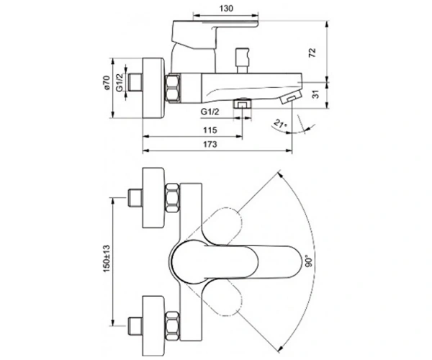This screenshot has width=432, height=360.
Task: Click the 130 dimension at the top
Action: pyautogui.click(x=226, y=9)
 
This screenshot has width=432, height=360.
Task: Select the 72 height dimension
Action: pyautogui.click(x=312, y=53)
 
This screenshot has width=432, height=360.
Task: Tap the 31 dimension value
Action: pyautogui.click(x=317, y=94)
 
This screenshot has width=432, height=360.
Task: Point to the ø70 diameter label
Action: pyautogui.click(x=107, y=82)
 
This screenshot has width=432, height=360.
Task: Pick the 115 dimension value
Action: pyautogui.click(x=210, y=130)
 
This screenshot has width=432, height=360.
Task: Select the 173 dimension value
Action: pyautogui.click(x=210, y=144)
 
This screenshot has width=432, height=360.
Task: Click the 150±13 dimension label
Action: pyautogui.click(x=107, y=258)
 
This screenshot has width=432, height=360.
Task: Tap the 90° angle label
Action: pyautogui.click(x=309, y=261)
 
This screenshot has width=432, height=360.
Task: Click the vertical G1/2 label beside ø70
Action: pyautogui.click(x=120, y=82)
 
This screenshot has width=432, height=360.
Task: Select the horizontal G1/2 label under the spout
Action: pyautogui.click(x=210, y=112)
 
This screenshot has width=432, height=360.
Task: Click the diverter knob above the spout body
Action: pyautogui.click(x=242, y=60)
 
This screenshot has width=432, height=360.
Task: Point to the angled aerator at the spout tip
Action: pyautogui.click(x=290, y=97)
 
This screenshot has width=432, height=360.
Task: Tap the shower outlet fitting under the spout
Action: pyautogui.click(x=243, y=104)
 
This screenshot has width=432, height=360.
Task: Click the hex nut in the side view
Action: pyautogui.click(x=173, y=88)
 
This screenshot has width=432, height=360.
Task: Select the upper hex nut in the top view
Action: pyautogui.click(x=173, y=198)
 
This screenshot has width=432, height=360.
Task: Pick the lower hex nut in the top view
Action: pyautogui.click(x=173, y=325)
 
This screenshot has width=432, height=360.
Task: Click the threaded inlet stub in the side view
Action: pyautogui.click(x=135, y=82)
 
